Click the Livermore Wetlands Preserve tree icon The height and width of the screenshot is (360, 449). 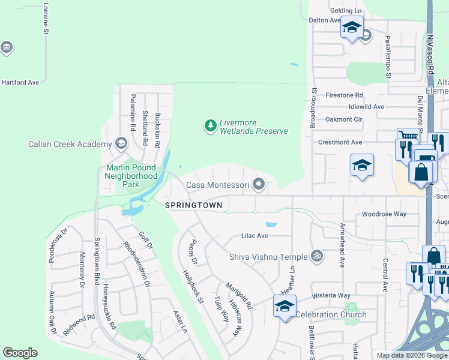coord(210,125)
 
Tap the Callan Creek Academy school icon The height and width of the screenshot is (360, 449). coord(121,143)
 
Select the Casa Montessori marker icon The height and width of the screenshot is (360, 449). coord(259,185)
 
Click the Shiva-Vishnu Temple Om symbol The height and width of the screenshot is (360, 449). coord(318,256)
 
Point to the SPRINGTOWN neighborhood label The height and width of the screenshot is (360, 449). coord(193,205)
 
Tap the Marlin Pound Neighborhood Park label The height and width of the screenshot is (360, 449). coord(131,176)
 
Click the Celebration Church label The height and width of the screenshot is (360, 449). coord(331,315)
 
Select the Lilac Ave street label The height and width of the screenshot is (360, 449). coord(255,236)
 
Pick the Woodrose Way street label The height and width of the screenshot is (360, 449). coord(384,214)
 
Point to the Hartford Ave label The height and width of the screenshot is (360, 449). coord(20,82)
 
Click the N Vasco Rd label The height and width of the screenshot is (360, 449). coord(430,54)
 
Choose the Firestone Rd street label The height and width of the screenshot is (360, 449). coord(344,95)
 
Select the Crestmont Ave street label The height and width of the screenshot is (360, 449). coord(340,142)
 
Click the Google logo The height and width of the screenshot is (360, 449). coord(20,353)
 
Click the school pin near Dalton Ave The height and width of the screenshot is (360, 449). coord(352,28)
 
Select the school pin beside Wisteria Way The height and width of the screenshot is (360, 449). coord(285,306)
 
